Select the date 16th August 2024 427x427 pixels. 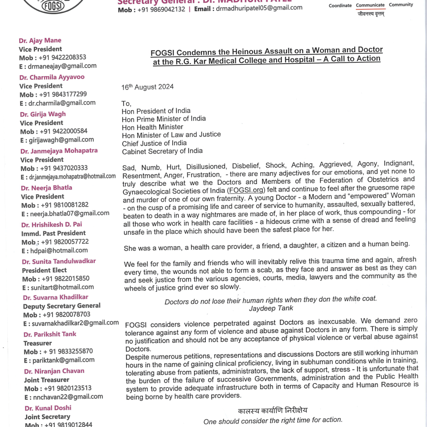tap(147, 87)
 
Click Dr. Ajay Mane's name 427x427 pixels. tap(40, 40)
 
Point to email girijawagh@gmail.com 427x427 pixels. tap(62, 139)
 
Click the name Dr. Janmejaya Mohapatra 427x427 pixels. tap(59, 151)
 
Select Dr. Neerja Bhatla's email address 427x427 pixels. tap(69, 213)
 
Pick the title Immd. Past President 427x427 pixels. tap(53, 233)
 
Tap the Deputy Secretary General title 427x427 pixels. tap(62, 306)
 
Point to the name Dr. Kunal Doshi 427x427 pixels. tap(48, 408)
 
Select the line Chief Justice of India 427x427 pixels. tap(154, 143)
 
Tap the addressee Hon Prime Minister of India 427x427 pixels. tap(164, 118)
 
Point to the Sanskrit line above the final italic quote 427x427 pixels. tap(272, 410)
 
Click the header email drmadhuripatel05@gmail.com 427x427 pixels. tap(259, 8)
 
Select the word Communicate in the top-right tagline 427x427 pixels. tap(370, 5)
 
